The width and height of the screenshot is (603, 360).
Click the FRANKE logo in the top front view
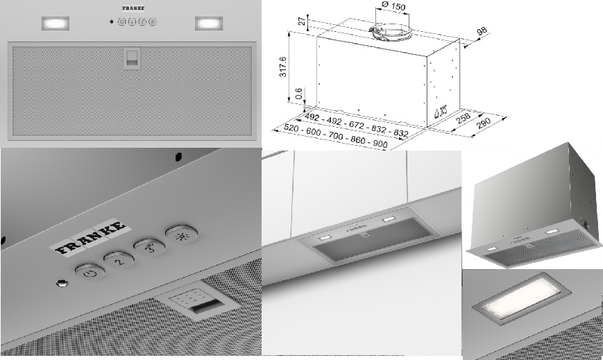pos(133,8)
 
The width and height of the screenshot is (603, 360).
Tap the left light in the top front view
pos(56,24)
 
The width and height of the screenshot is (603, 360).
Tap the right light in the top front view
pos(209,24)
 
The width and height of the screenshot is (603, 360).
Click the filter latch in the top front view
pos(132,59)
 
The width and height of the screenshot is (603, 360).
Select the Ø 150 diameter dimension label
pos(393,6)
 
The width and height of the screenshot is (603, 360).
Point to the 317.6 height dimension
pos(283,67)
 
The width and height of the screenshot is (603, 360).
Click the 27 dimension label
pos(303,20)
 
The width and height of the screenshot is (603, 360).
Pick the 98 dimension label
pos(482,31)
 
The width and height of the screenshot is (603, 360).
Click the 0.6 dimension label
pos(299,94)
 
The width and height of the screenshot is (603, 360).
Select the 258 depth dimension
pos(463,118)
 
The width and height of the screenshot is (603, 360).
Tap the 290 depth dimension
pos(484,123)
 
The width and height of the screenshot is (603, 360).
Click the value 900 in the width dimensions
pos(380,144)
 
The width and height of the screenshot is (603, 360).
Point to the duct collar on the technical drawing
pos(391,32)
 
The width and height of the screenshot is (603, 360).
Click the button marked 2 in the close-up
pos(119,260)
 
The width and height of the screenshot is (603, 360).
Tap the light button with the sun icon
pos(182,234)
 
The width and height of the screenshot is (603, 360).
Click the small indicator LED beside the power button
pos(62,284)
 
